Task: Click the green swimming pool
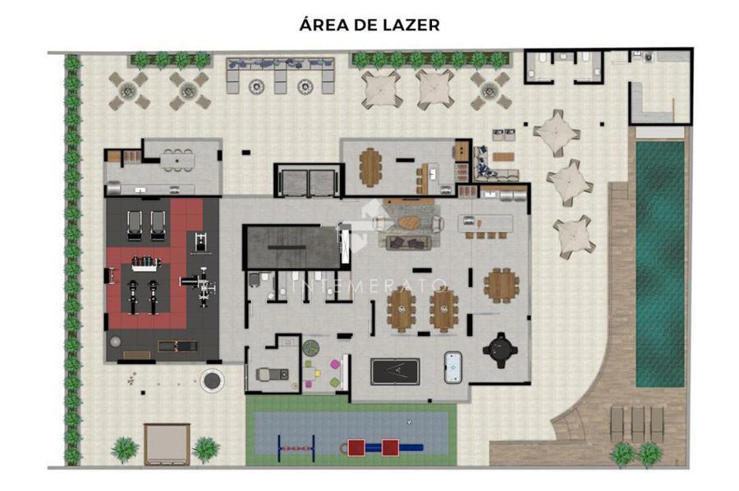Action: coord(660,264)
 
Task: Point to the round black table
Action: coord(500,350)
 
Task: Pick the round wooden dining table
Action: coord(502,285)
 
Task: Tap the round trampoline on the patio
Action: coord(212,381)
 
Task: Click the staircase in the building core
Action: coord(291,247)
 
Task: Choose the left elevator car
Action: coord(294,183)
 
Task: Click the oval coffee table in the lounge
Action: coord(409,222)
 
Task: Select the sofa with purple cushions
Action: coord(409,243)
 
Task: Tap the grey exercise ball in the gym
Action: coord(114,342)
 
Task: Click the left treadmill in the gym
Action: coord(135,225)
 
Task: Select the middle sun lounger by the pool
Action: coord(637,424)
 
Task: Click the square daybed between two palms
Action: coord(167,444)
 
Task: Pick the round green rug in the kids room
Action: coord(310,348)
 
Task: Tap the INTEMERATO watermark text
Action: coord(369,286)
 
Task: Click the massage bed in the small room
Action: coord(272,374)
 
